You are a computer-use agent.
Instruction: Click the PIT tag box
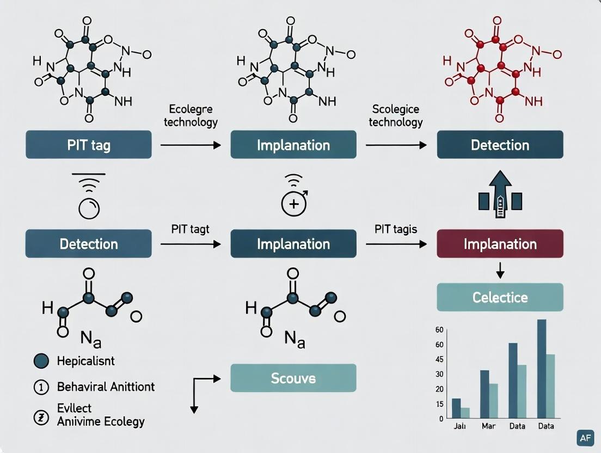(88, 145)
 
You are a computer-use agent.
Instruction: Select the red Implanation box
(500, 243)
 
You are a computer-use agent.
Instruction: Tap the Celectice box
(500, 297)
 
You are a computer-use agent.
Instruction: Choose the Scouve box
(293, 378)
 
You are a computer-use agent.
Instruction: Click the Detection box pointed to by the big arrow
(500, 145)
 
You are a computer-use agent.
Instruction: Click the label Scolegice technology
(396, 115)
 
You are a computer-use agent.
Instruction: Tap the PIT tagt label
(190, 229)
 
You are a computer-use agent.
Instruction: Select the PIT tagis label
(396, 229)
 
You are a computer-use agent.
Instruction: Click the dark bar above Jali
(456, 408)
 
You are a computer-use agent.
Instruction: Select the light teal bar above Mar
(493, 400)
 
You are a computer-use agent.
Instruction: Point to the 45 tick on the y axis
(439, 359)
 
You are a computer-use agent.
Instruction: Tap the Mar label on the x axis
(488, 426)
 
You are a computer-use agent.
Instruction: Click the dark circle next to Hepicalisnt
(41, 360)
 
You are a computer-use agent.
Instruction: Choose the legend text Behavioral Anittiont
(106, 387)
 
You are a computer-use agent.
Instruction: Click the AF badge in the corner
(585, 437)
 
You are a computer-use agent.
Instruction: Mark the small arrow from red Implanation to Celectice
(500, 271)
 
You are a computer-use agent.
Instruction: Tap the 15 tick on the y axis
(439, 404)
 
